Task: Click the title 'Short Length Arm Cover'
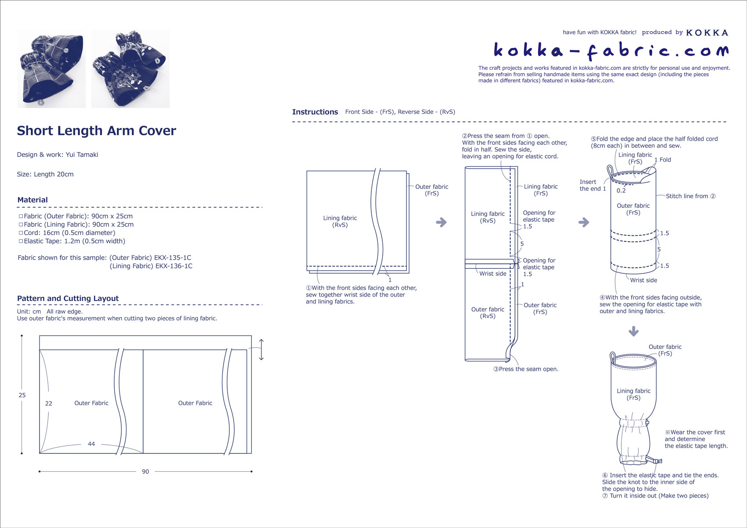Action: coord(96,131)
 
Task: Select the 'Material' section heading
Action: coord(33,200)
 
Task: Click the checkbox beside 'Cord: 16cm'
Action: coord(21,233)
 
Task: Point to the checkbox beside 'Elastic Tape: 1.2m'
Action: coord(21,241)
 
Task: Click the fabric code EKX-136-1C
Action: coord(174,266)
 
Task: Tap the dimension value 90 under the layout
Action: coord(145,471)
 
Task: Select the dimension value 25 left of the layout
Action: coord(22,395)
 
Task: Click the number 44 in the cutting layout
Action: coord(91,444)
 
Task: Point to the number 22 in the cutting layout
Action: coord(49,403)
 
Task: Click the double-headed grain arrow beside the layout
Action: coord(261,350)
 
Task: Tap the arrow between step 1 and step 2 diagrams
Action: coord(441,222)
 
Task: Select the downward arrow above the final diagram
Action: coord(633,331)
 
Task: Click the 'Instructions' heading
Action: coord(315,112)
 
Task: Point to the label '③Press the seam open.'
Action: coord(526,369)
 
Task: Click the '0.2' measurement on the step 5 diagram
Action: coord(621,191)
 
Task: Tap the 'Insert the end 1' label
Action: coord(592,185)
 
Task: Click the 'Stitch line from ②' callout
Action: coord(690,196)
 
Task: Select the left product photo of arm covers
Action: coord(51,69)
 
